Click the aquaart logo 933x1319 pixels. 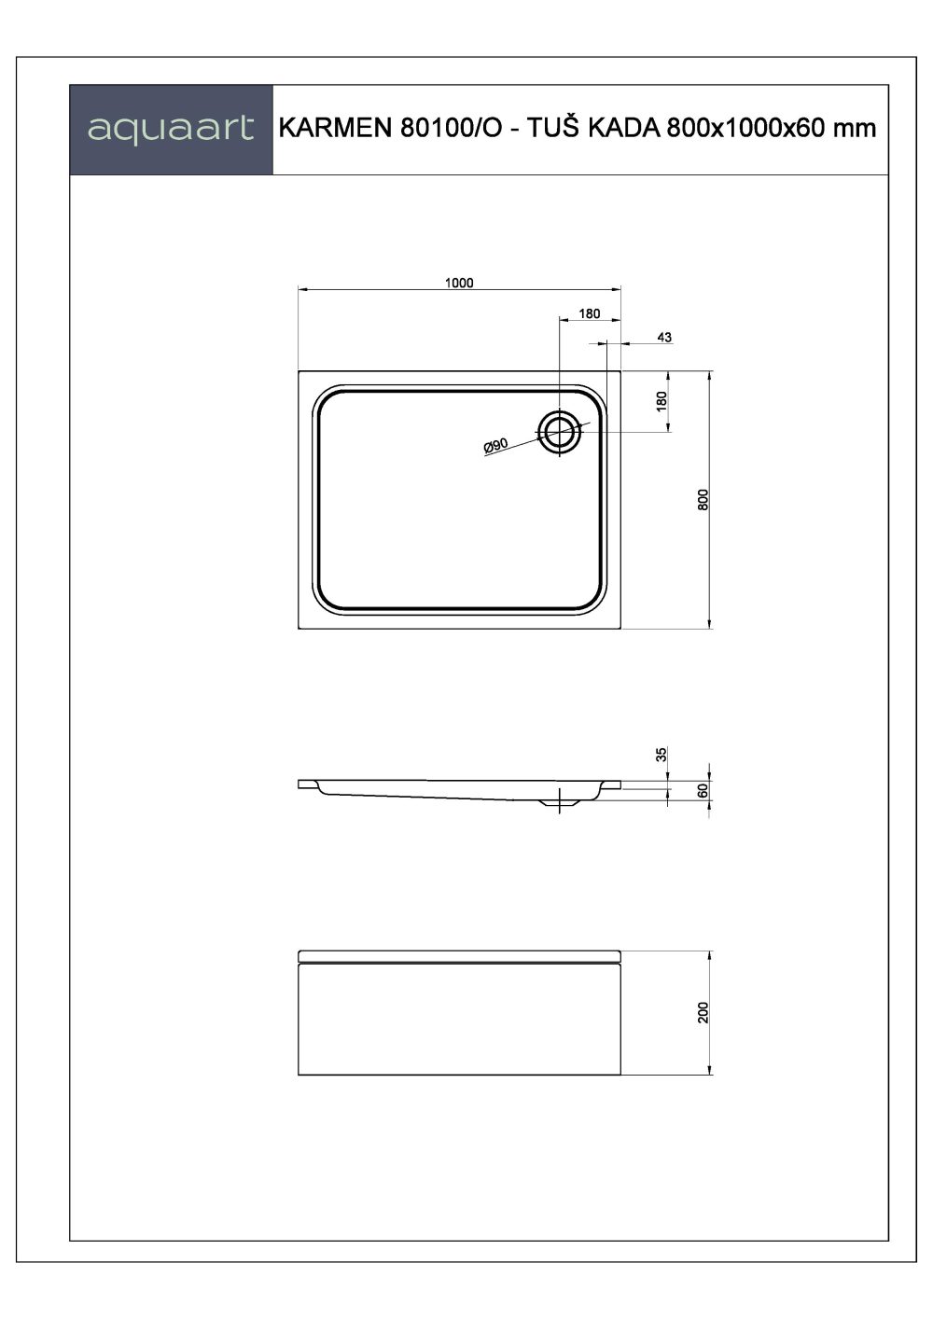pos(171,129)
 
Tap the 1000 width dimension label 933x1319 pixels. pos(460,283)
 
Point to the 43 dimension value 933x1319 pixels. pos(664,337)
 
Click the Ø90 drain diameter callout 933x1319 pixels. pos(495,446)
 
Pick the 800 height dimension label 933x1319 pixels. pos(704,499)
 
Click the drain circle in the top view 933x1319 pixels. pos(560,431)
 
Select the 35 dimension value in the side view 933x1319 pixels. pos(662,755)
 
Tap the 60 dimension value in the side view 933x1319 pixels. pos(704,789)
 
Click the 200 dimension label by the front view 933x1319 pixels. pos(704,1012)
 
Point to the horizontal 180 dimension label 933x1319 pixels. pos(590,313)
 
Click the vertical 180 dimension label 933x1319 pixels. pos(662,402)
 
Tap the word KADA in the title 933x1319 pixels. pos(624,129)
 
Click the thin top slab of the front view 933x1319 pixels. pos(459,956)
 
